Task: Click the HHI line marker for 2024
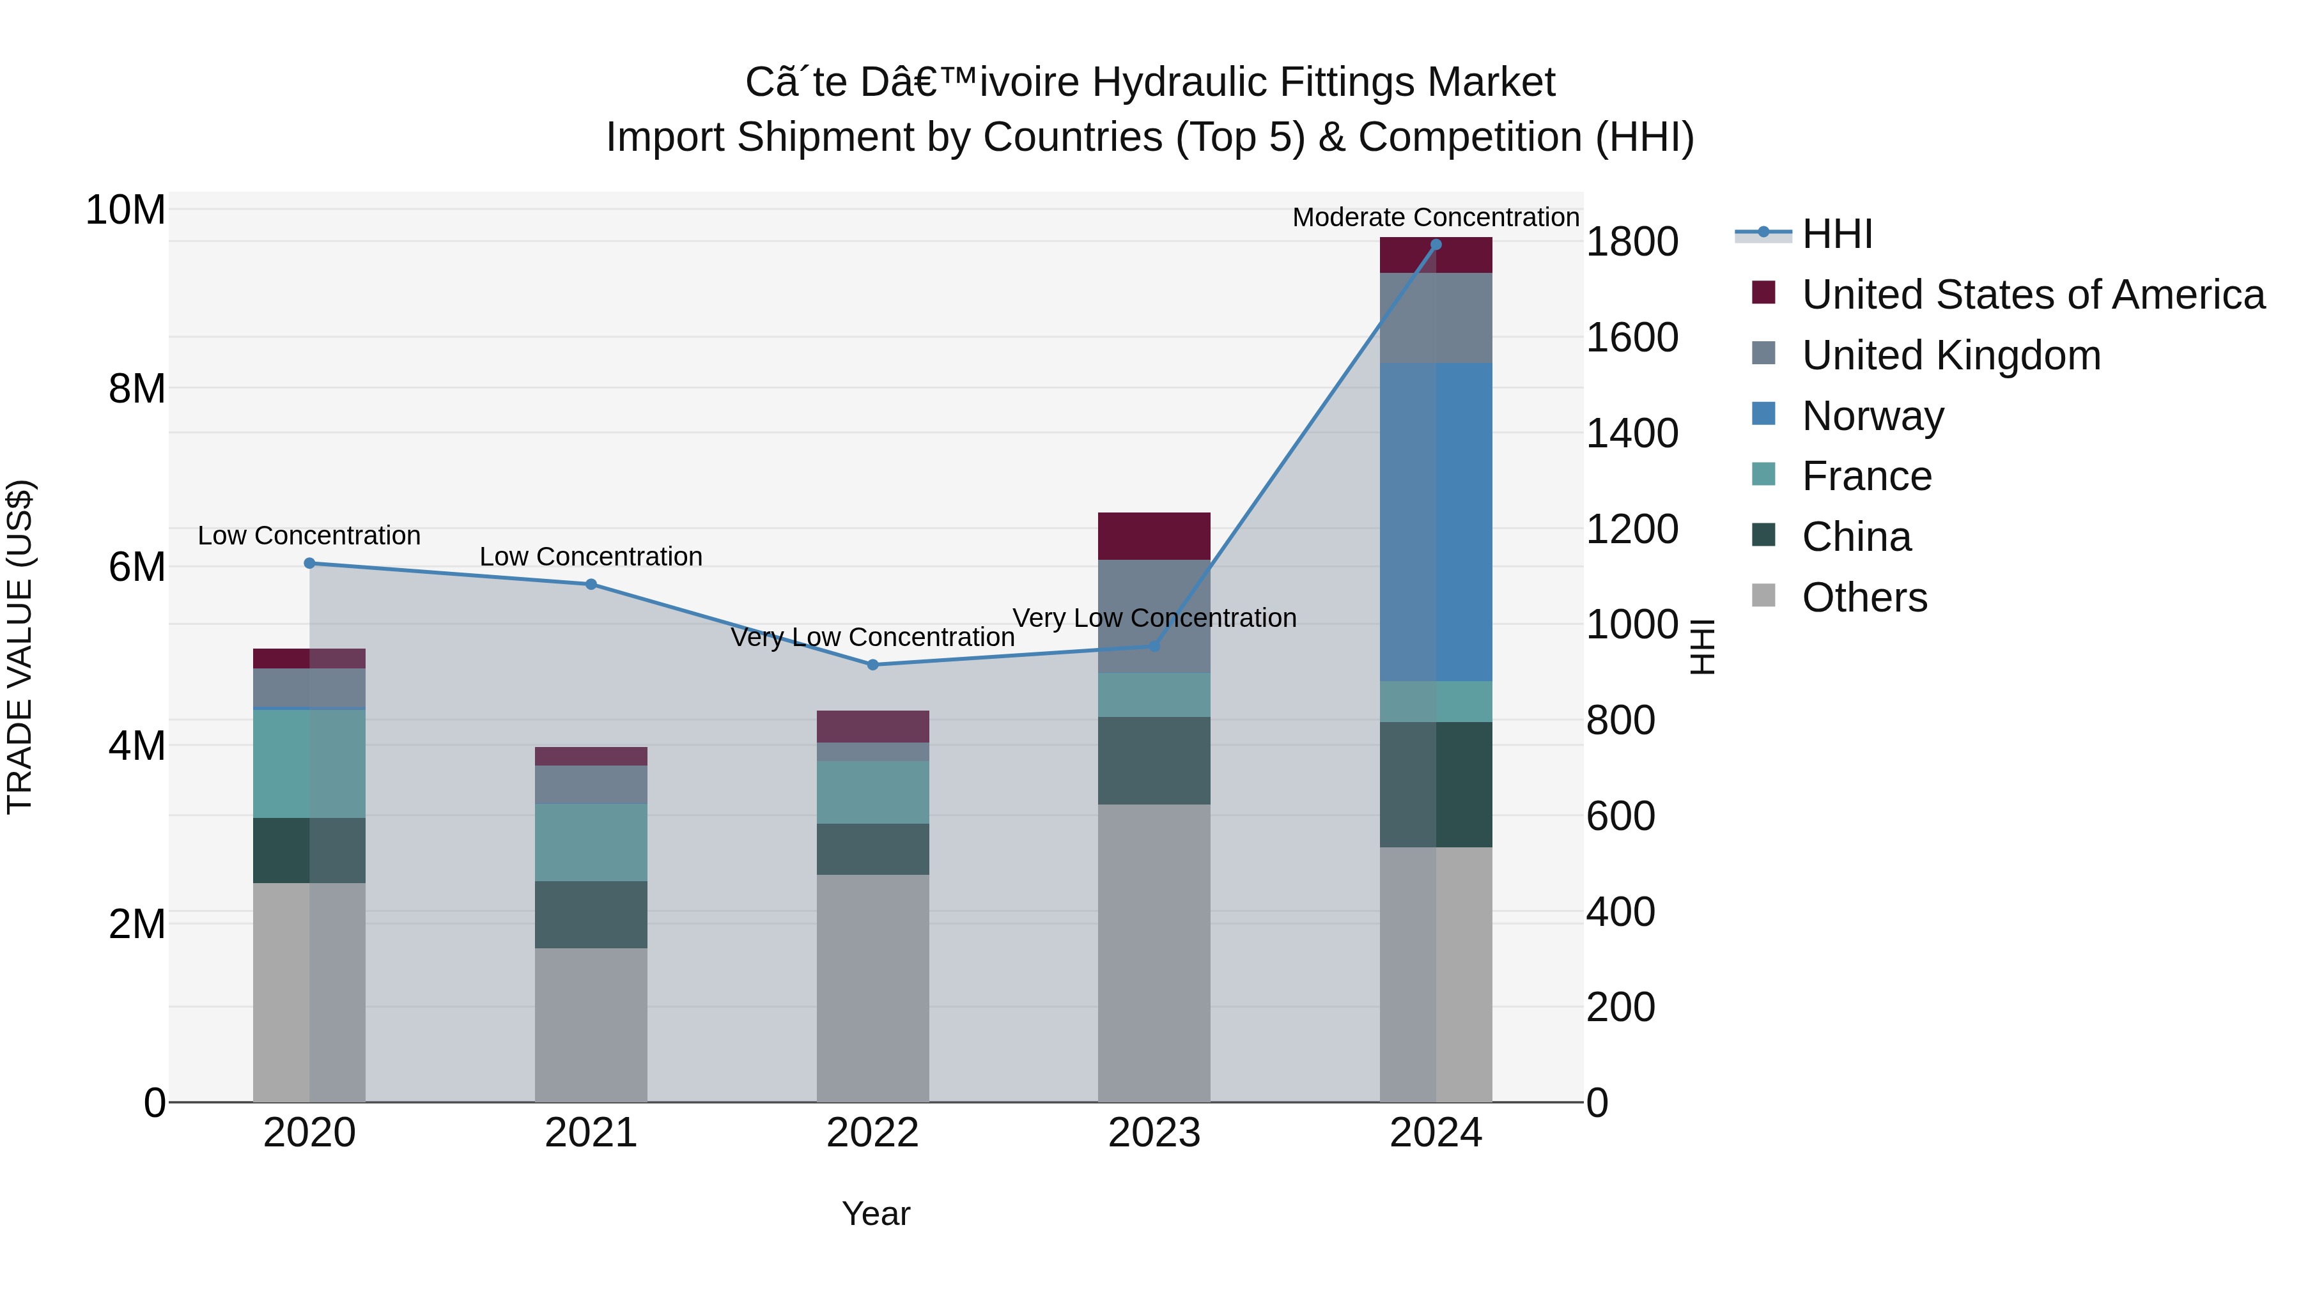click(x=1436, y=245)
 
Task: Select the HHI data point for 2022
click(x=872, y=665)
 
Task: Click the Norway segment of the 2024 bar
click(x=1436, y=523)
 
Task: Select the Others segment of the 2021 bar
click(x=591, y=1024)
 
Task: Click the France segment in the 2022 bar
click(x=872, y=792)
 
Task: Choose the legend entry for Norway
click(x=1872, y=416)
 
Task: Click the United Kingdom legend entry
click(x=1951, y=355)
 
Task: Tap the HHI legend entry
click(x=1836, y=234)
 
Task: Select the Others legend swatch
click(x=1763, y=596)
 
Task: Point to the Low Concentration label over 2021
click(x=591, y=557)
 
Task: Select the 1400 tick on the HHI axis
click(x=1631, y=434)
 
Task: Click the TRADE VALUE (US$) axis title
click(x=20, y=647)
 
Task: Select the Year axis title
click(x=876, y=1213)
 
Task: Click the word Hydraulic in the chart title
click(x=1179, y=82)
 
